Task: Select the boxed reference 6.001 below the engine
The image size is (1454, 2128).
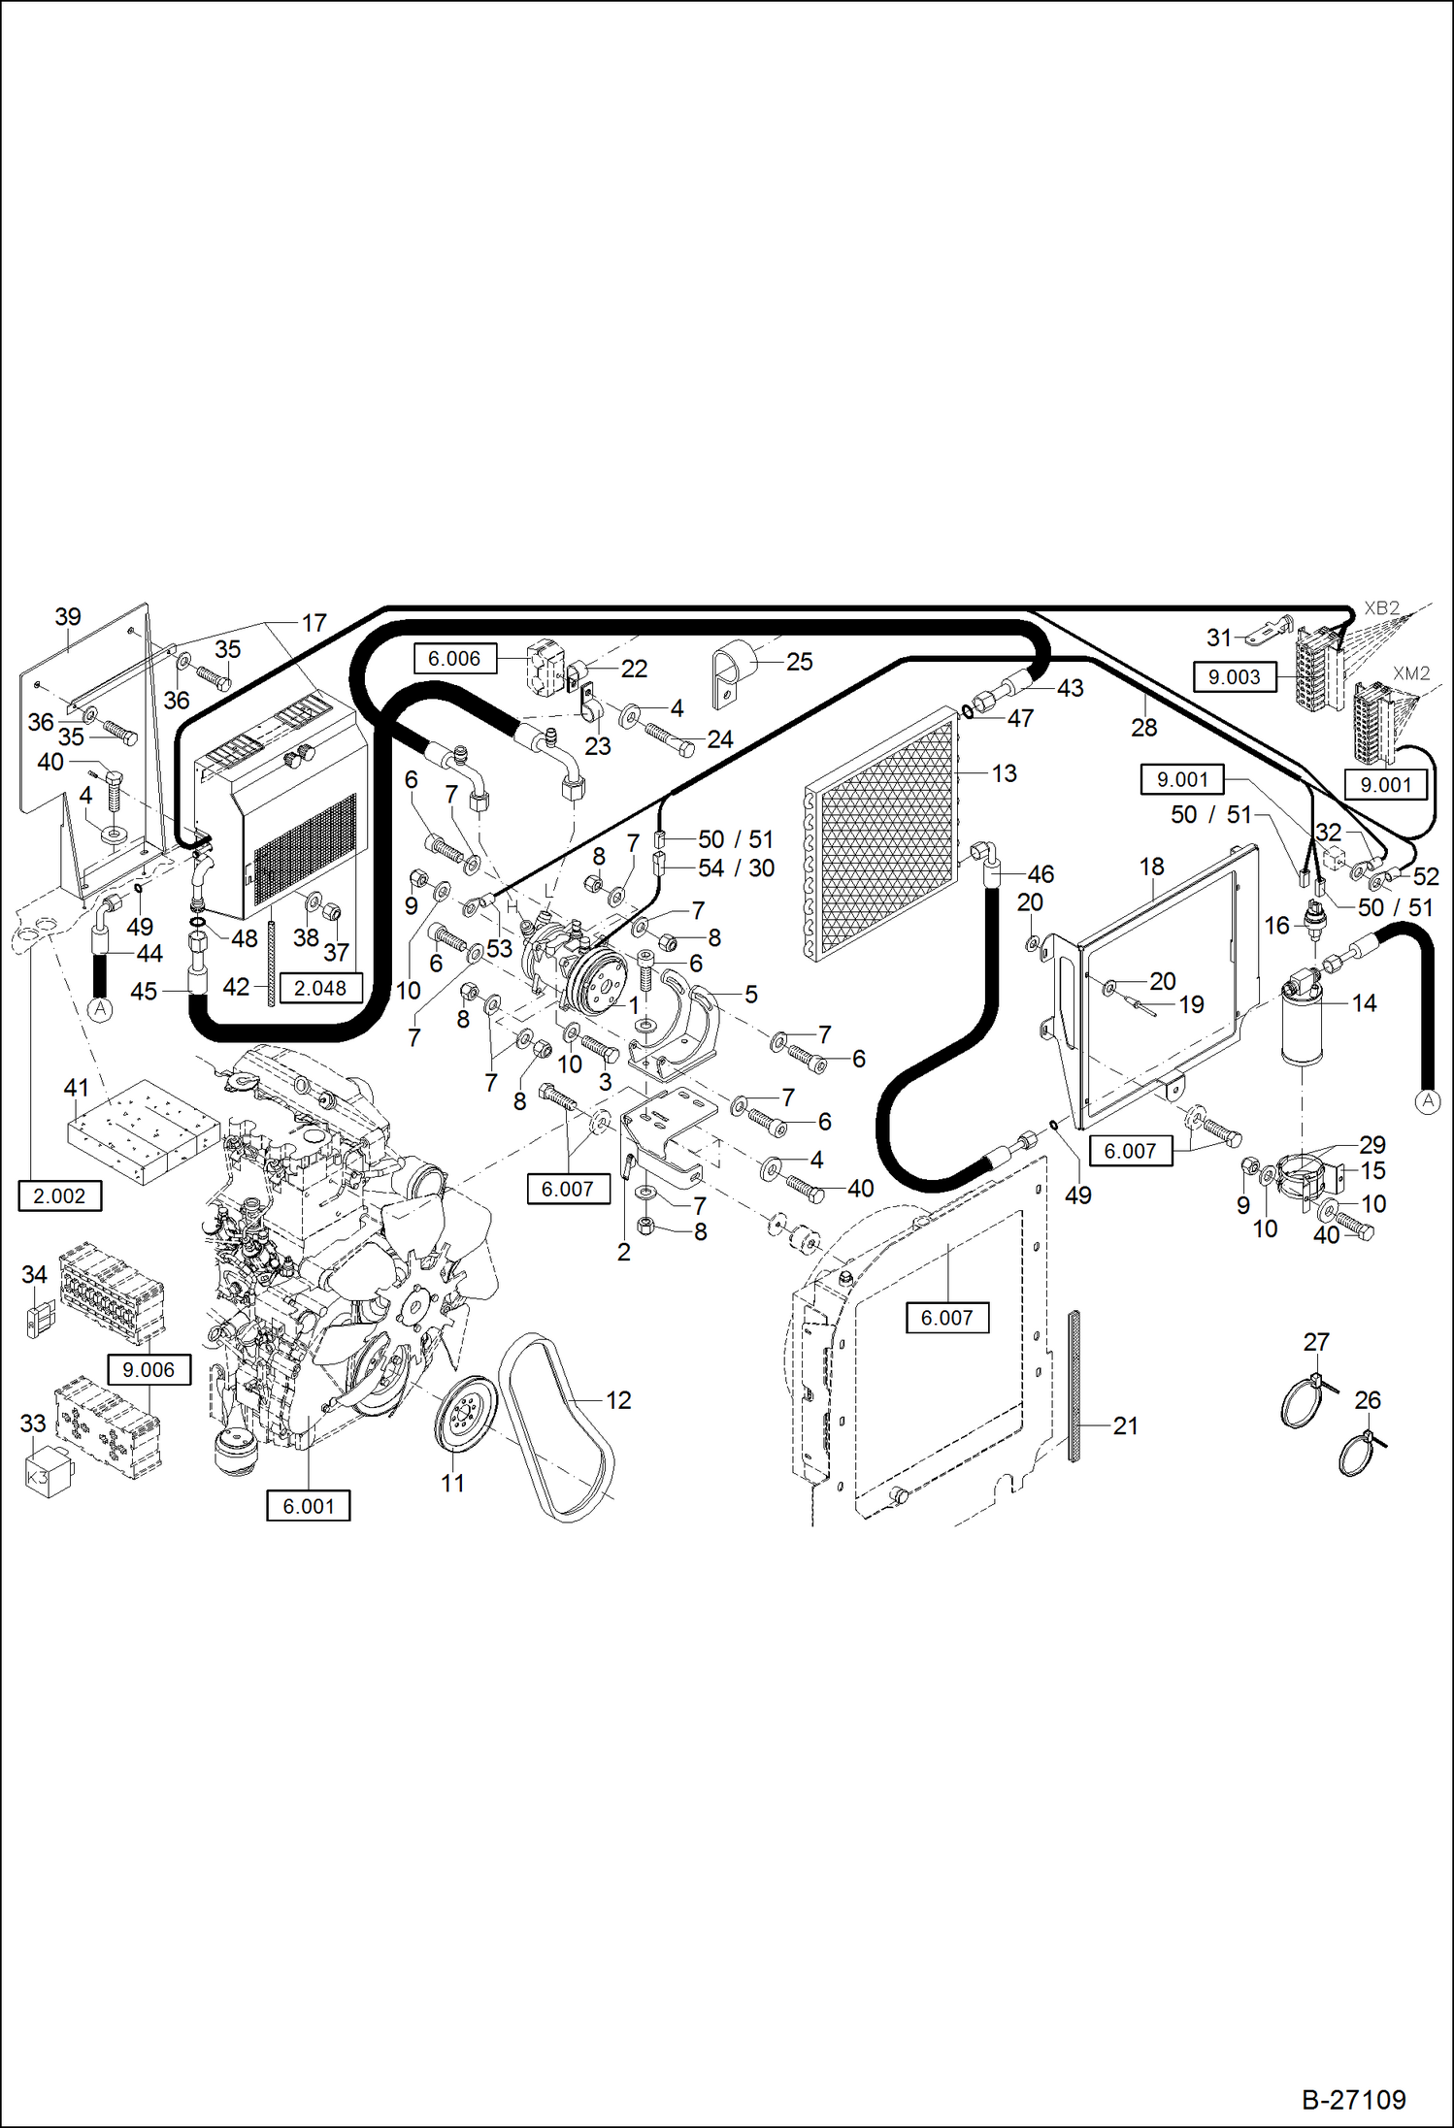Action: point(308,1506)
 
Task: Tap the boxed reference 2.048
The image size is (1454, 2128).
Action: point(320,988)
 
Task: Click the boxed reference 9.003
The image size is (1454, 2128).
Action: point(1234,676)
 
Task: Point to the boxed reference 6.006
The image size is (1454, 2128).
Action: point(454,658)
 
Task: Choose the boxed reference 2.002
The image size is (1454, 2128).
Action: point(59,1195)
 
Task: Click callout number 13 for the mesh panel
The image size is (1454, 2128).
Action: point(1004,773)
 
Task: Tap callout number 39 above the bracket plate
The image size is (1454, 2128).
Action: point(67,617)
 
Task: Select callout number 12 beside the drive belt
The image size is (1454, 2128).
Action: point(618,1399)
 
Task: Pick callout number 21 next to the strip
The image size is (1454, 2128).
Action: point(1125,1425)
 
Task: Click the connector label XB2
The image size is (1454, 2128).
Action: point(1381,608)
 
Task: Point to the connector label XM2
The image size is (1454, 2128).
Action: point(1411,672)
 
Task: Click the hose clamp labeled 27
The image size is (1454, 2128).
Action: point(1303,1402)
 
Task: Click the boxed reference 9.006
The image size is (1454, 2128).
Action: point(149,1369)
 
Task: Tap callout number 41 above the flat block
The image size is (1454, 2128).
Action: point(76,1088)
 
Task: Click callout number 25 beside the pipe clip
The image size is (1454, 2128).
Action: point(799,662)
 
